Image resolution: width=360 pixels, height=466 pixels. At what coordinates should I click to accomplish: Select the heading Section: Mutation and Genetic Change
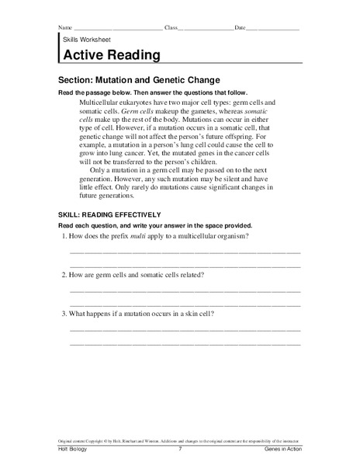click(x=140, y=79)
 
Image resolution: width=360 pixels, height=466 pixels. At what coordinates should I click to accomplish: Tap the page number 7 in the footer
click(x=179, y=450)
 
